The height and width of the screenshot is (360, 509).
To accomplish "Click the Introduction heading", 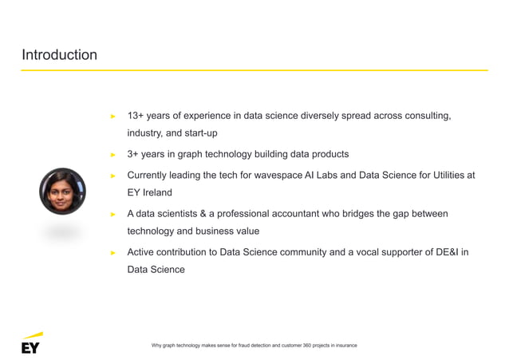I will tap(59, 55).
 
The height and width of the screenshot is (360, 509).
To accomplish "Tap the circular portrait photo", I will tap(62, 192).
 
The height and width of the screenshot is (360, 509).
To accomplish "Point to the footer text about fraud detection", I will tap(254, 345).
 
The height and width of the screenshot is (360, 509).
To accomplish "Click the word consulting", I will tap(428, 116).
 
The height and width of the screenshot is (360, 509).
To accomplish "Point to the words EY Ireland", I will tap(149, 192).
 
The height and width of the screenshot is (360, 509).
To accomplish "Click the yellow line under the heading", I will tap(254, 70).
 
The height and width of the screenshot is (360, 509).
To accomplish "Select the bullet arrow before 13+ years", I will tap(113, 117).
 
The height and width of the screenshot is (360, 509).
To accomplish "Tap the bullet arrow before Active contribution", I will tap(113, 253).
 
